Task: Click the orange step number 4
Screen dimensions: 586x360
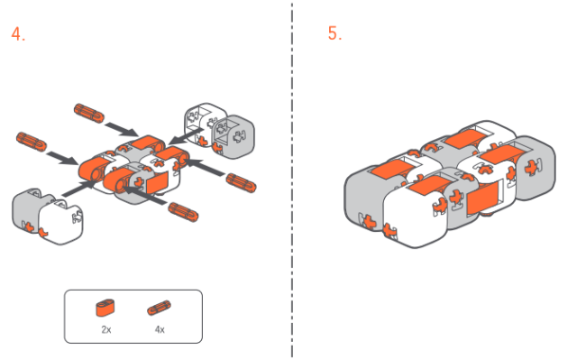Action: pyautogui.click(x=18, y=33)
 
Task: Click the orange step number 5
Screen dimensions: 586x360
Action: pyautogui.click(x=334, y=32)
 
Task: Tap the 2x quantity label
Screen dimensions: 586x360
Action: pyautogui.click(x=106, y=329)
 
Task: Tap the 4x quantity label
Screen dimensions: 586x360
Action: pyautogui.click(x=160, y=329)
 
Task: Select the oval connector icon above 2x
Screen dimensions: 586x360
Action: pyautogui.click(x=105, y=308)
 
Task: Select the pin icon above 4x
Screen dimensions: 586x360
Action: pyautogui.click(x=160, y=308)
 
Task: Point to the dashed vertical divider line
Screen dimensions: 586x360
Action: pyautogui.click(x=292, y=180)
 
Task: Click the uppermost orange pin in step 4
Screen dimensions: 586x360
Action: pyautogui.click(x=89, y=113)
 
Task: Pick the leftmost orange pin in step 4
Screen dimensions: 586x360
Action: pyautogui.click(x=32, y=142)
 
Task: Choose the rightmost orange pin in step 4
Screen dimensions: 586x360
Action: pyautogui.click(x=241, y=183)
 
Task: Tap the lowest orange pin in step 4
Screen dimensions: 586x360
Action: pyautogui.click(x=183, y=212)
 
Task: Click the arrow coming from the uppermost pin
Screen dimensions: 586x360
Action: pyautogui.click(x=122, y=129)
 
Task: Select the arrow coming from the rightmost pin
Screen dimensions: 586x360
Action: pyautogui.click(x=205, y=168)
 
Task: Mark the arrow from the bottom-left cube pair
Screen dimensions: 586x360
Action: pyautogui.click(x=81, y=188)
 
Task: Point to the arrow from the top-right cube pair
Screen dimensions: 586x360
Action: pyautogui.click(x=186, y=136)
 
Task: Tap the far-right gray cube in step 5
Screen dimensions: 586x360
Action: pyautogui.click(x=535, y=168)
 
